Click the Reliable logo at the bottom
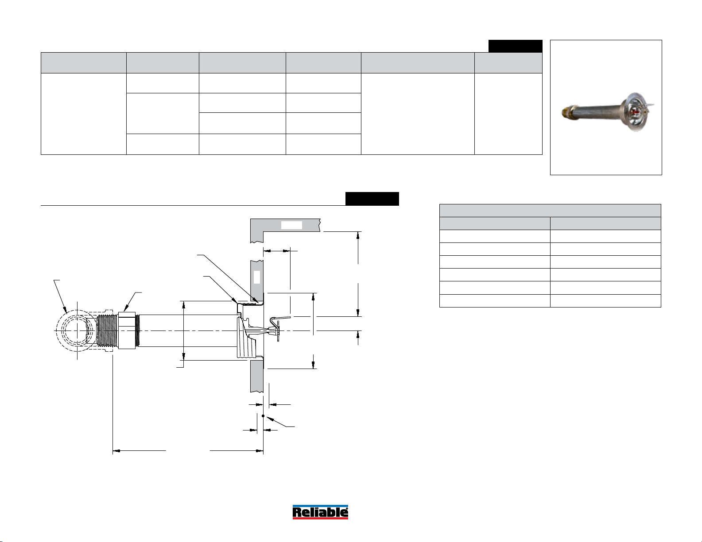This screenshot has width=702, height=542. [320, 512]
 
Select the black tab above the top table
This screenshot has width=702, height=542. [515, 46]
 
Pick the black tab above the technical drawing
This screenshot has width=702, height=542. [372, 199]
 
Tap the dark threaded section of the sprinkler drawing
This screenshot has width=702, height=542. [107, 331]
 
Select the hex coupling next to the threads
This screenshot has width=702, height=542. [127, 331]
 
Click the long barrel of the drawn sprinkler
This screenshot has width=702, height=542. [187, 331]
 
